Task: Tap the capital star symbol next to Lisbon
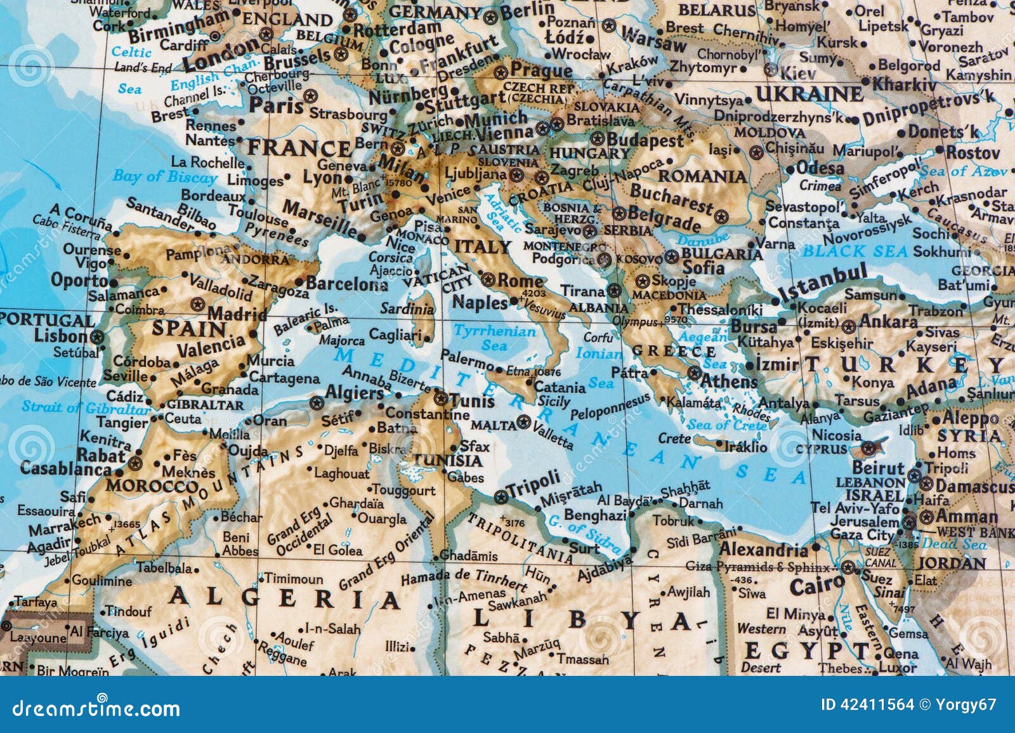(97, 336)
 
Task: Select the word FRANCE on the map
(298, 149)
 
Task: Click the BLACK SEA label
(855, 251)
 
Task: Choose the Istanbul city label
(823, 284)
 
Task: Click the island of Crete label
(674, 438)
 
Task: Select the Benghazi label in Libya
(595, 515)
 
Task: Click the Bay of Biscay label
(165, 176)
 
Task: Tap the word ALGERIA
(284, 597)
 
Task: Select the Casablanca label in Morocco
(66, 469)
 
